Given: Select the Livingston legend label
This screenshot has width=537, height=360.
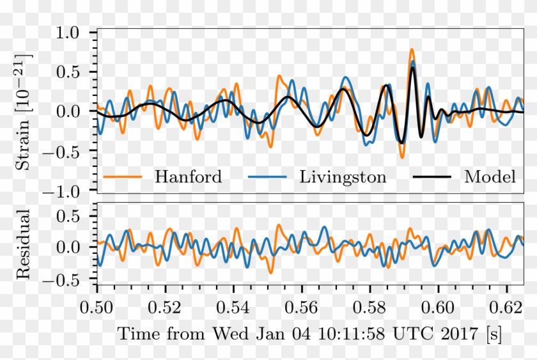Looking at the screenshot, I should [x=343, y=177].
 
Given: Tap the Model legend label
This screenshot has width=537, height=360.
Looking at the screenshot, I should [x=490, y=177].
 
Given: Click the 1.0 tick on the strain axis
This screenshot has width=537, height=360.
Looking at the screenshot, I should [x=75, y=32].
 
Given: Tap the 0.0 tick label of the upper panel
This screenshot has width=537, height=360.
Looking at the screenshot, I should [x=75, y=112].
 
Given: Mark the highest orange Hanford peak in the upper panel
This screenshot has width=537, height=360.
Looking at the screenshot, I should [x=412, y=49].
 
